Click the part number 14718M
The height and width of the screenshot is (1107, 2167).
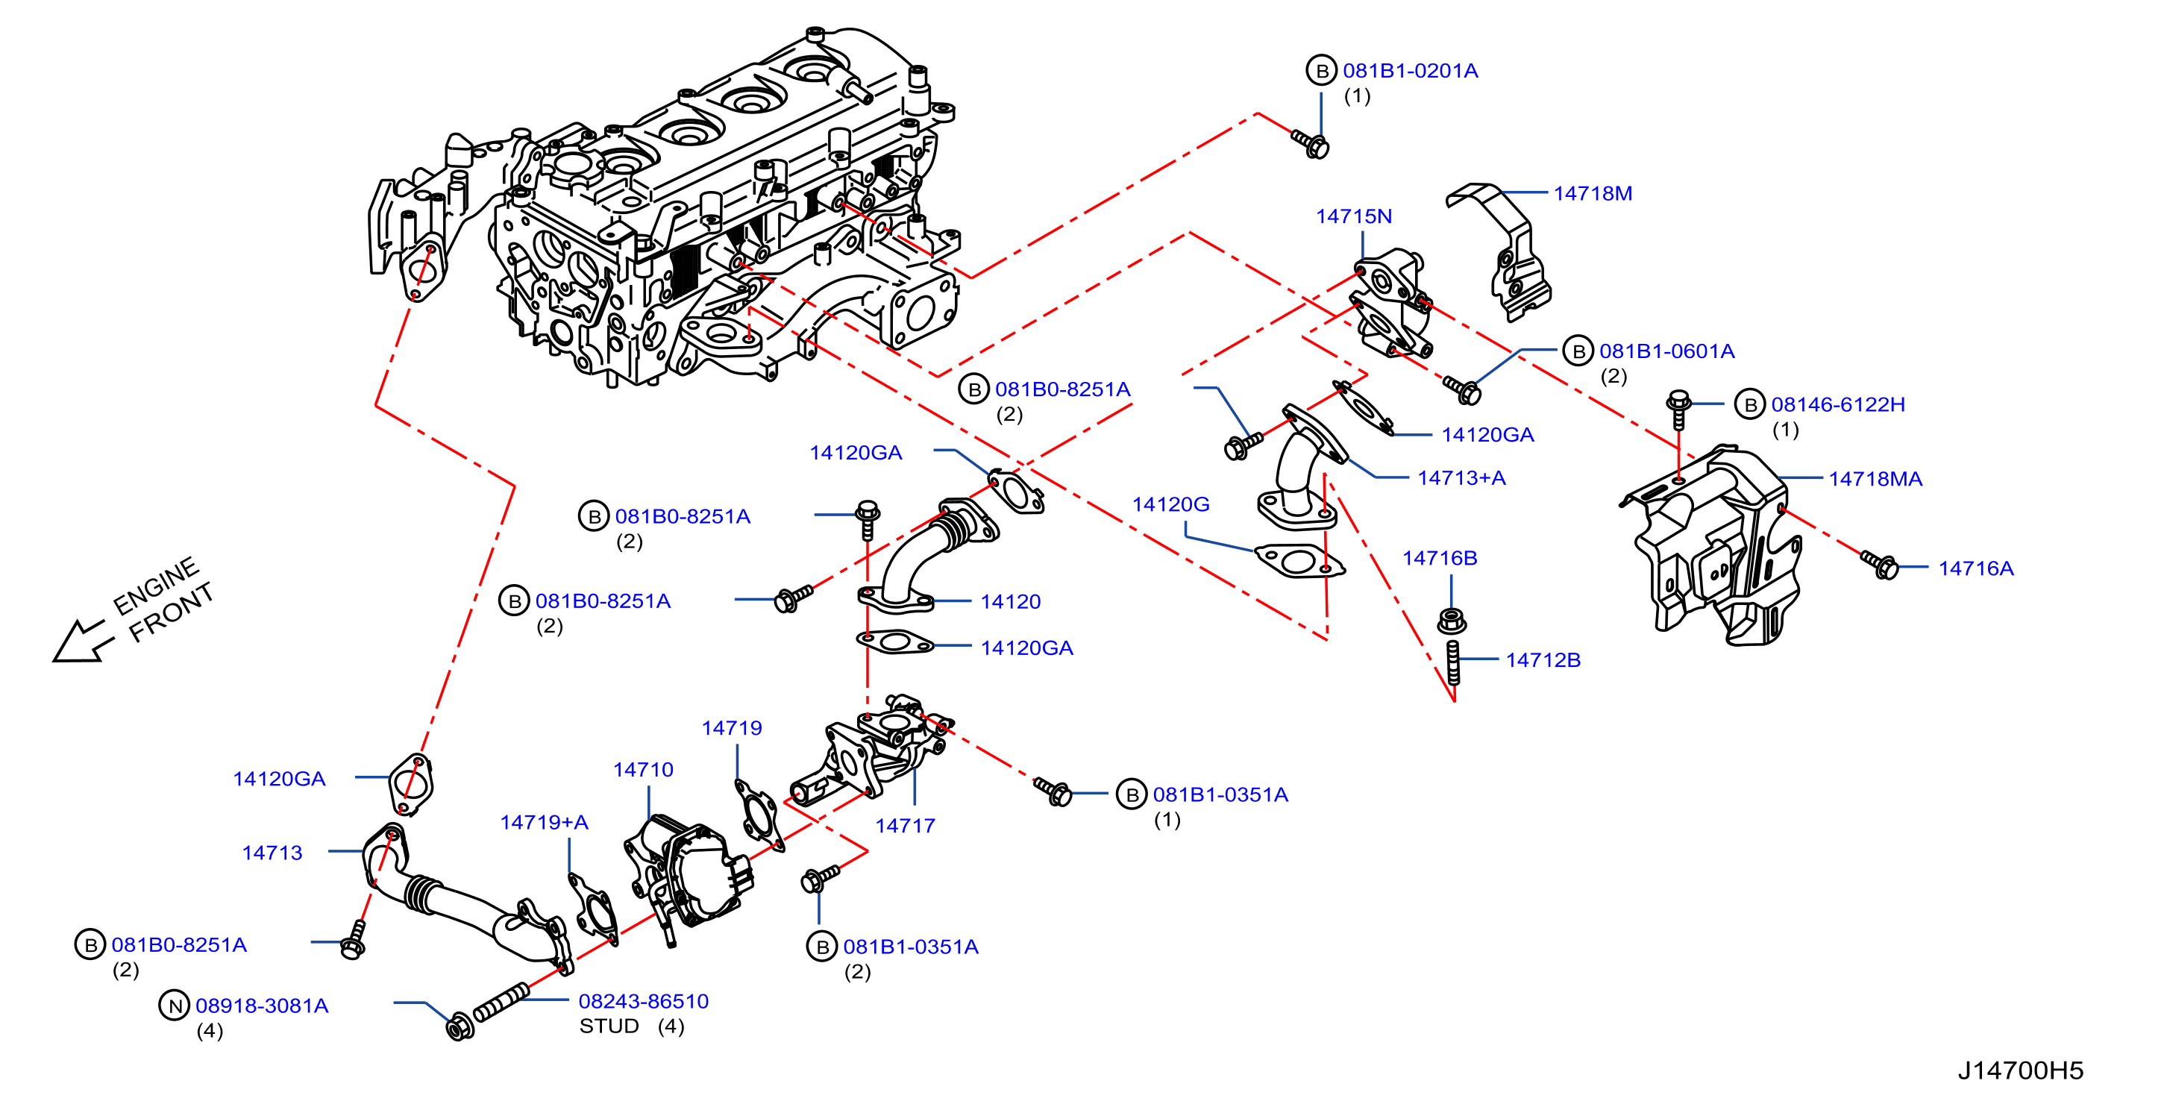(x=1592, y=193)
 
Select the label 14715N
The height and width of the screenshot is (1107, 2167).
(x=1353, y=216)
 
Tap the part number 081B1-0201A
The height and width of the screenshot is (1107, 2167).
(x=1410, y=71)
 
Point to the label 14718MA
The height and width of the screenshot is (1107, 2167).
(x=1875, y=479)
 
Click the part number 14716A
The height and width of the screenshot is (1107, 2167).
(x=1976, y=568)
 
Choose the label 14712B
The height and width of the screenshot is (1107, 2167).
(x=1543, y=659)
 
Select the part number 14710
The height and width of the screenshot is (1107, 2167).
(x=643, y=769)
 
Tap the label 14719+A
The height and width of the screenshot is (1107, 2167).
(x=544, y=822)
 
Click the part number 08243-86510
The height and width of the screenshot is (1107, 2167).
(x=644, y=1001)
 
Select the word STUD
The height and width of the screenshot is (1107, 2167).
(x=609, y=1026)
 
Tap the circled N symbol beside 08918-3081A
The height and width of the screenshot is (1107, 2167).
(x=174, y=1006)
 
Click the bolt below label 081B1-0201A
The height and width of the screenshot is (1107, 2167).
(x=1310, y=143)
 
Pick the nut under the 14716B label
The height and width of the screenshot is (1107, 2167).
(x=1452, y=621)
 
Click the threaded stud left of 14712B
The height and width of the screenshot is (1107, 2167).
(x=1453, y=662)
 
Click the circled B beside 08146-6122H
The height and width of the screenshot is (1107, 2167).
(x=1750, y=404)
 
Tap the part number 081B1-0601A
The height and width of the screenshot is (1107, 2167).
(x=1666, y=351)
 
